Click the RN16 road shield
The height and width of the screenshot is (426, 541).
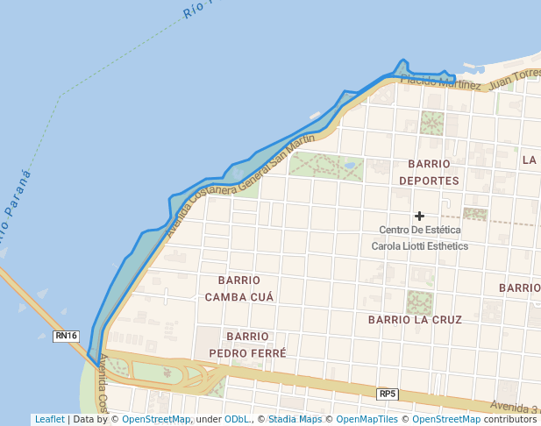click(x=66, y=336)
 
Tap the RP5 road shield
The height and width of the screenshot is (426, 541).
click(x=388, y=394)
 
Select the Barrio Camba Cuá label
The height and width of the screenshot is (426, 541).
click(x=239, y=288)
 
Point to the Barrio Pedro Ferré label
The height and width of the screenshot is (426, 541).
click(x=247, y=344)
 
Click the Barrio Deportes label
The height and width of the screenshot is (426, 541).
click(x=429, y=172)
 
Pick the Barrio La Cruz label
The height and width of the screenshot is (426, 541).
click(x=415, y=320)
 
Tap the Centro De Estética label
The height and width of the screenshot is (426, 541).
click(x=419, y=230)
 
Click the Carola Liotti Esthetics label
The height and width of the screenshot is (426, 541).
click(x=419, y=246)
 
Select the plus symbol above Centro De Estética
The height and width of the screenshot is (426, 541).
click(x=420, y=216)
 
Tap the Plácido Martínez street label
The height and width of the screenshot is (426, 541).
click(x=441, y=82)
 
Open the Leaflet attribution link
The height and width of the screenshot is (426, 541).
click(x=49, y=420)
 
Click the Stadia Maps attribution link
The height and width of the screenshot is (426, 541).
click(x=295, y=420)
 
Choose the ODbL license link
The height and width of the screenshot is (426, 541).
click(x=237, y=420)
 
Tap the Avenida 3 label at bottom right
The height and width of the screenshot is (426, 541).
click(x=515, y=407)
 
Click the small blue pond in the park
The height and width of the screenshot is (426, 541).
click(x=351, y=165)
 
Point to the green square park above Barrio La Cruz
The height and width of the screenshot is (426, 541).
click(x=419, y=302)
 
